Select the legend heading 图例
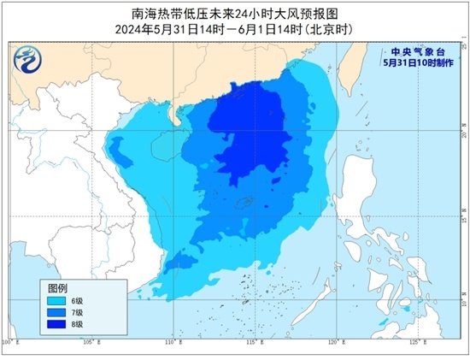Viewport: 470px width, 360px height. [x=57, y=287]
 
